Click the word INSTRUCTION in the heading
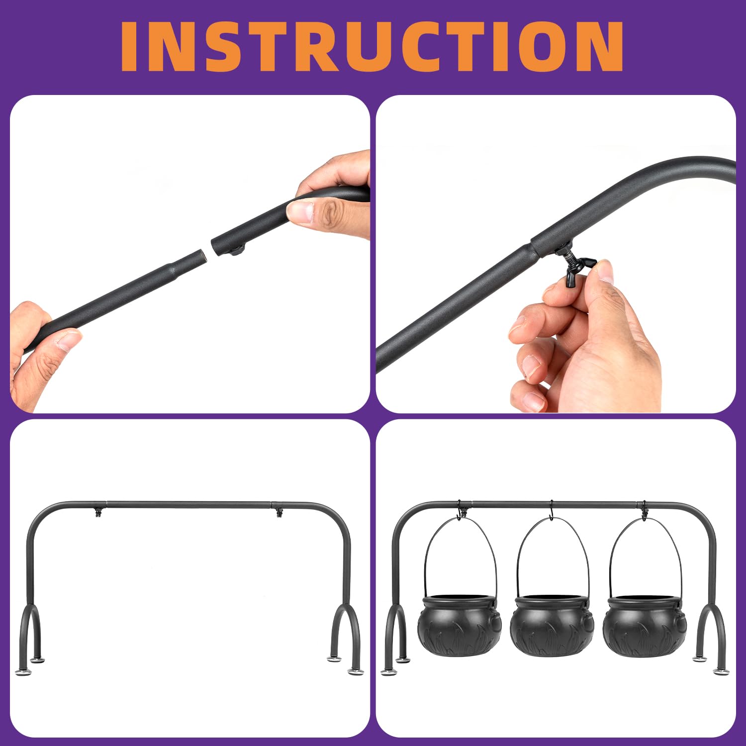[372, 46]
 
